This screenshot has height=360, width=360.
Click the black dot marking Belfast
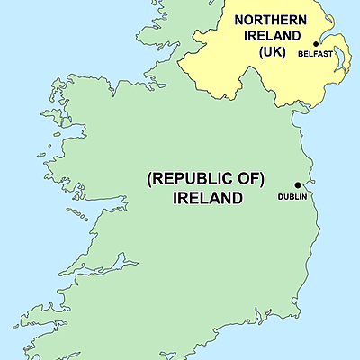316,43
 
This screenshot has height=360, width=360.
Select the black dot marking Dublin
298,184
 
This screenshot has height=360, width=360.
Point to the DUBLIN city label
292,196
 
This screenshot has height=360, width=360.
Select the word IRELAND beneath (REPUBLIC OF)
205,199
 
